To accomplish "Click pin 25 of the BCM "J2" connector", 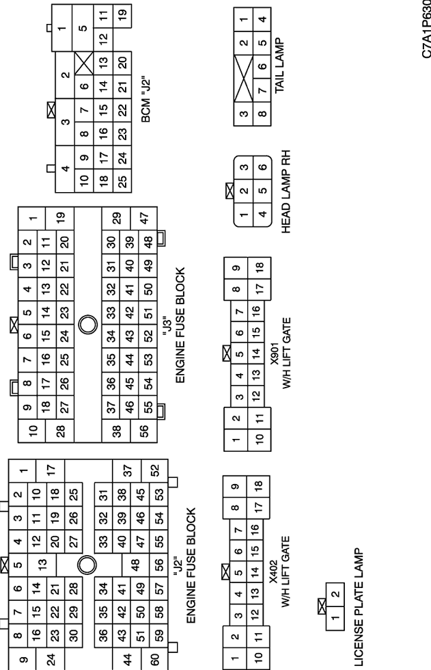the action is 122,180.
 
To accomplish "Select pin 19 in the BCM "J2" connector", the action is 122,13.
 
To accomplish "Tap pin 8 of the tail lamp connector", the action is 262,113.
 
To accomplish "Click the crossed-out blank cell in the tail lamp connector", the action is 244,79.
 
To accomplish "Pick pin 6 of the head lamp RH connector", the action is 262,167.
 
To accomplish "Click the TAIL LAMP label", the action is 280,66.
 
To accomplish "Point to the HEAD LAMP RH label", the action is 286,191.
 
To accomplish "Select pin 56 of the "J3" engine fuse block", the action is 144,429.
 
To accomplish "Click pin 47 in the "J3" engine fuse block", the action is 144,217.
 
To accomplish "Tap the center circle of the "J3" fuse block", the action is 88,325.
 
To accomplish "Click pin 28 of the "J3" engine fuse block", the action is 61,431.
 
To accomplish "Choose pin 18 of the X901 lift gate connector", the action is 260,267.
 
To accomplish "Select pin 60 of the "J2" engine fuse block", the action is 155,658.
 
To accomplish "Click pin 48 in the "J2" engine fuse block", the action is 135,565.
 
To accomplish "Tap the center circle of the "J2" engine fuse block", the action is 87,565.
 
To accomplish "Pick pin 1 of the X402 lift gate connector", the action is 234,658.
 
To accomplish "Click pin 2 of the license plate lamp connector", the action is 335,594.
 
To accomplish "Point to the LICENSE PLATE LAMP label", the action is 359,607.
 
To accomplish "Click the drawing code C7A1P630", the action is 426,29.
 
